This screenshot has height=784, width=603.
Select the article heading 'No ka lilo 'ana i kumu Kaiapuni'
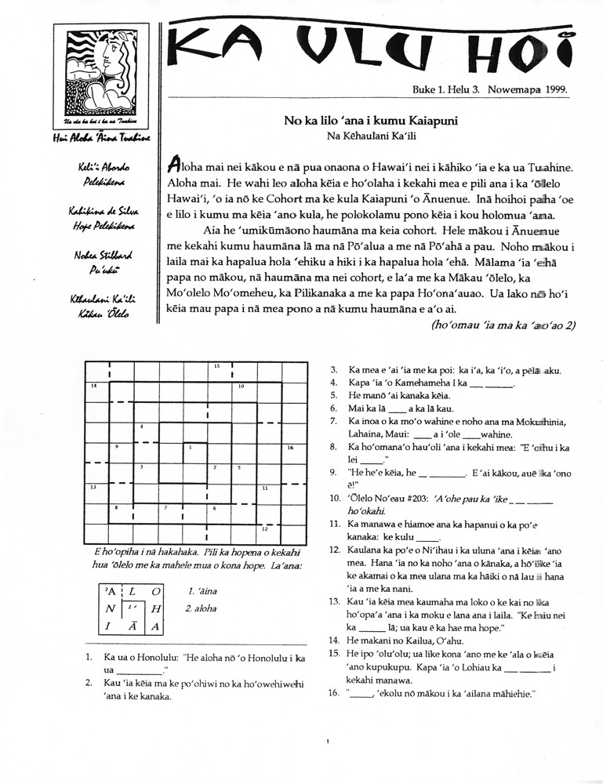coord(371,122)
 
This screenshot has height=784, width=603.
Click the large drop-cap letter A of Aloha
coord(176,166)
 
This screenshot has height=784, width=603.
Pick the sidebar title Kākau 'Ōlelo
coord(99,314)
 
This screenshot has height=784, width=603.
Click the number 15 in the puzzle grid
coord(216,366)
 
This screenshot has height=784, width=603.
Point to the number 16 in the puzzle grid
coord(289,448)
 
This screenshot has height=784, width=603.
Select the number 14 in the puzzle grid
coord(93,386)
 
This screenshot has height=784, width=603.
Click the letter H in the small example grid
coord(156,608)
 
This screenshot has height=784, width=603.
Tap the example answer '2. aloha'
coord(202,608)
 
